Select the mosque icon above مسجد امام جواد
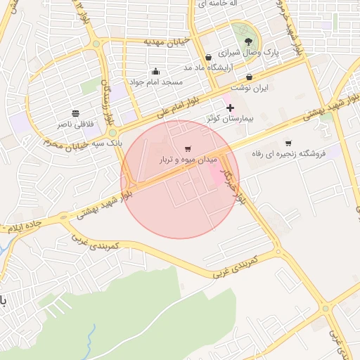point(155,72)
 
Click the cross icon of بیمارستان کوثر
point(229,108)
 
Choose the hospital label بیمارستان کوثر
point(229,119)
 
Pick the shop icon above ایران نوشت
point(249,77)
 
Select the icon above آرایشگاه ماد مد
point(208,57)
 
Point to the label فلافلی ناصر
point(75,124)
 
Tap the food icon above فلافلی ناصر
point(75,113)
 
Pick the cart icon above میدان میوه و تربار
point(187,149)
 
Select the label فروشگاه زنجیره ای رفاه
point(288,154)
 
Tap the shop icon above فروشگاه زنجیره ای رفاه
point(288,143)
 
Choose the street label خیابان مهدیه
point(167,42)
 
